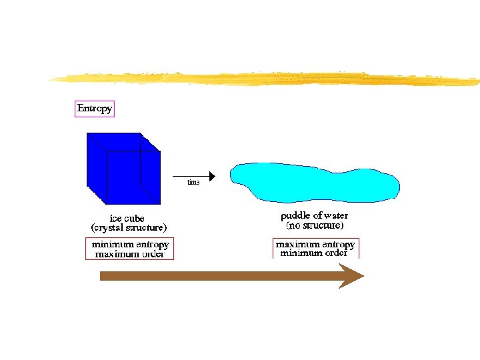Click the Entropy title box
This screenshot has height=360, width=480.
tap(95, 109)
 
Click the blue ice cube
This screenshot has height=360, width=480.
tap(123, 168)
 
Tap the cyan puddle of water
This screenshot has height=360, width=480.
tap(313, 181)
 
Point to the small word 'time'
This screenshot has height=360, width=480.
tap(193, 182)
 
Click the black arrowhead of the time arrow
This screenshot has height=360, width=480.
tap(211, 177)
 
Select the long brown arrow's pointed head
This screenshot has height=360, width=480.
tap(351, 276)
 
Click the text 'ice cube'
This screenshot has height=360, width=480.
tap(127, 218)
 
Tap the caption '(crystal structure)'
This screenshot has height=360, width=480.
tap(129, 227)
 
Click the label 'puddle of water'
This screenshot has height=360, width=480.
tap(314, 216)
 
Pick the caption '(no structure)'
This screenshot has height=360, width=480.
tap(315, 225)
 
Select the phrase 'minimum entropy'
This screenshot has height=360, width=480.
tap(130, 245)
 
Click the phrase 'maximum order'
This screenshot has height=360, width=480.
tap(130, 254)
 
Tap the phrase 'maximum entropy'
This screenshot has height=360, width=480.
tap(315, 245)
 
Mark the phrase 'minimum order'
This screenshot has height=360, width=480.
tap(314, 253)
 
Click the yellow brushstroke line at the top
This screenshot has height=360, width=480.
tap(267, 79)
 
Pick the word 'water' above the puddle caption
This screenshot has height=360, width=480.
tap(335, 216)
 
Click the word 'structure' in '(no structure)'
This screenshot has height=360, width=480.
tap(323, 225)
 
